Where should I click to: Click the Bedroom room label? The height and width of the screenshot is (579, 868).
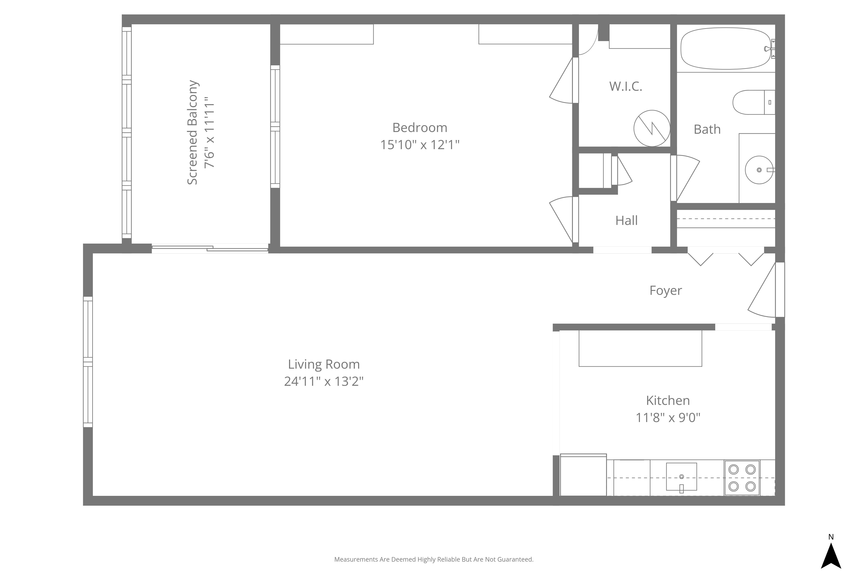[x=420, y=128]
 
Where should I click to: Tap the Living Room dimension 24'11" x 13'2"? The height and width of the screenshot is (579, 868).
[x=324, y=381]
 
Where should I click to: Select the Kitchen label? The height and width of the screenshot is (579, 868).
[x=668, y=400]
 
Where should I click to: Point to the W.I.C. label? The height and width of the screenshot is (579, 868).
[x=626, y=86]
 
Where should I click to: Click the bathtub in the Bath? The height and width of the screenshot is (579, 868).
[x=726, y=48]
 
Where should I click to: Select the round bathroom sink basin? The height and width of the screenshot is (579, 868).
[x=759, y=170]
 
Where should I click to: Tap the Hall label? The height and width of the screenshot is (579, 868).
[x=626, y=220]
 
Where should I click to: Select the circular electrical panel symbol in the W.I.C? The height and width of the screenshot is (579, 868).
[x=652, y=128]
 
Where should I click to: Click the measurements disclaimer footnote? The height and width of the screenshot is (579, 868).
[x=434, y=559]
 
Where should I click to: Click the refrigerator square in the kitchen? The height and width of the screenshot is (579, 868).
[x=583, y=475]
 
